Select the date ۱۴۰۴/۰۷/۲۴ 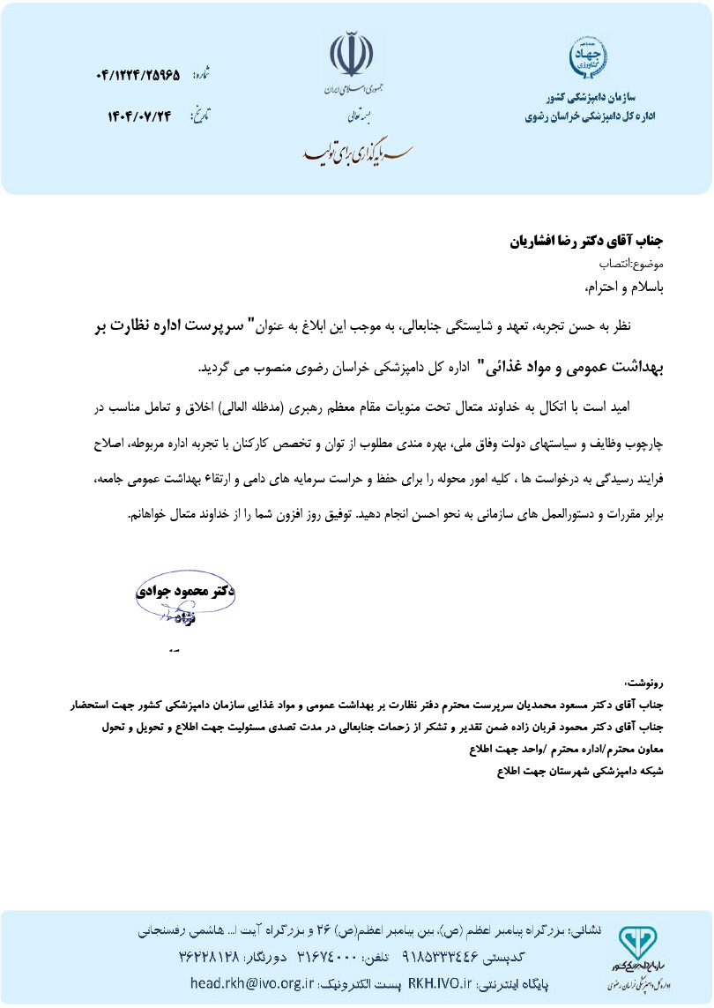140,116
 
